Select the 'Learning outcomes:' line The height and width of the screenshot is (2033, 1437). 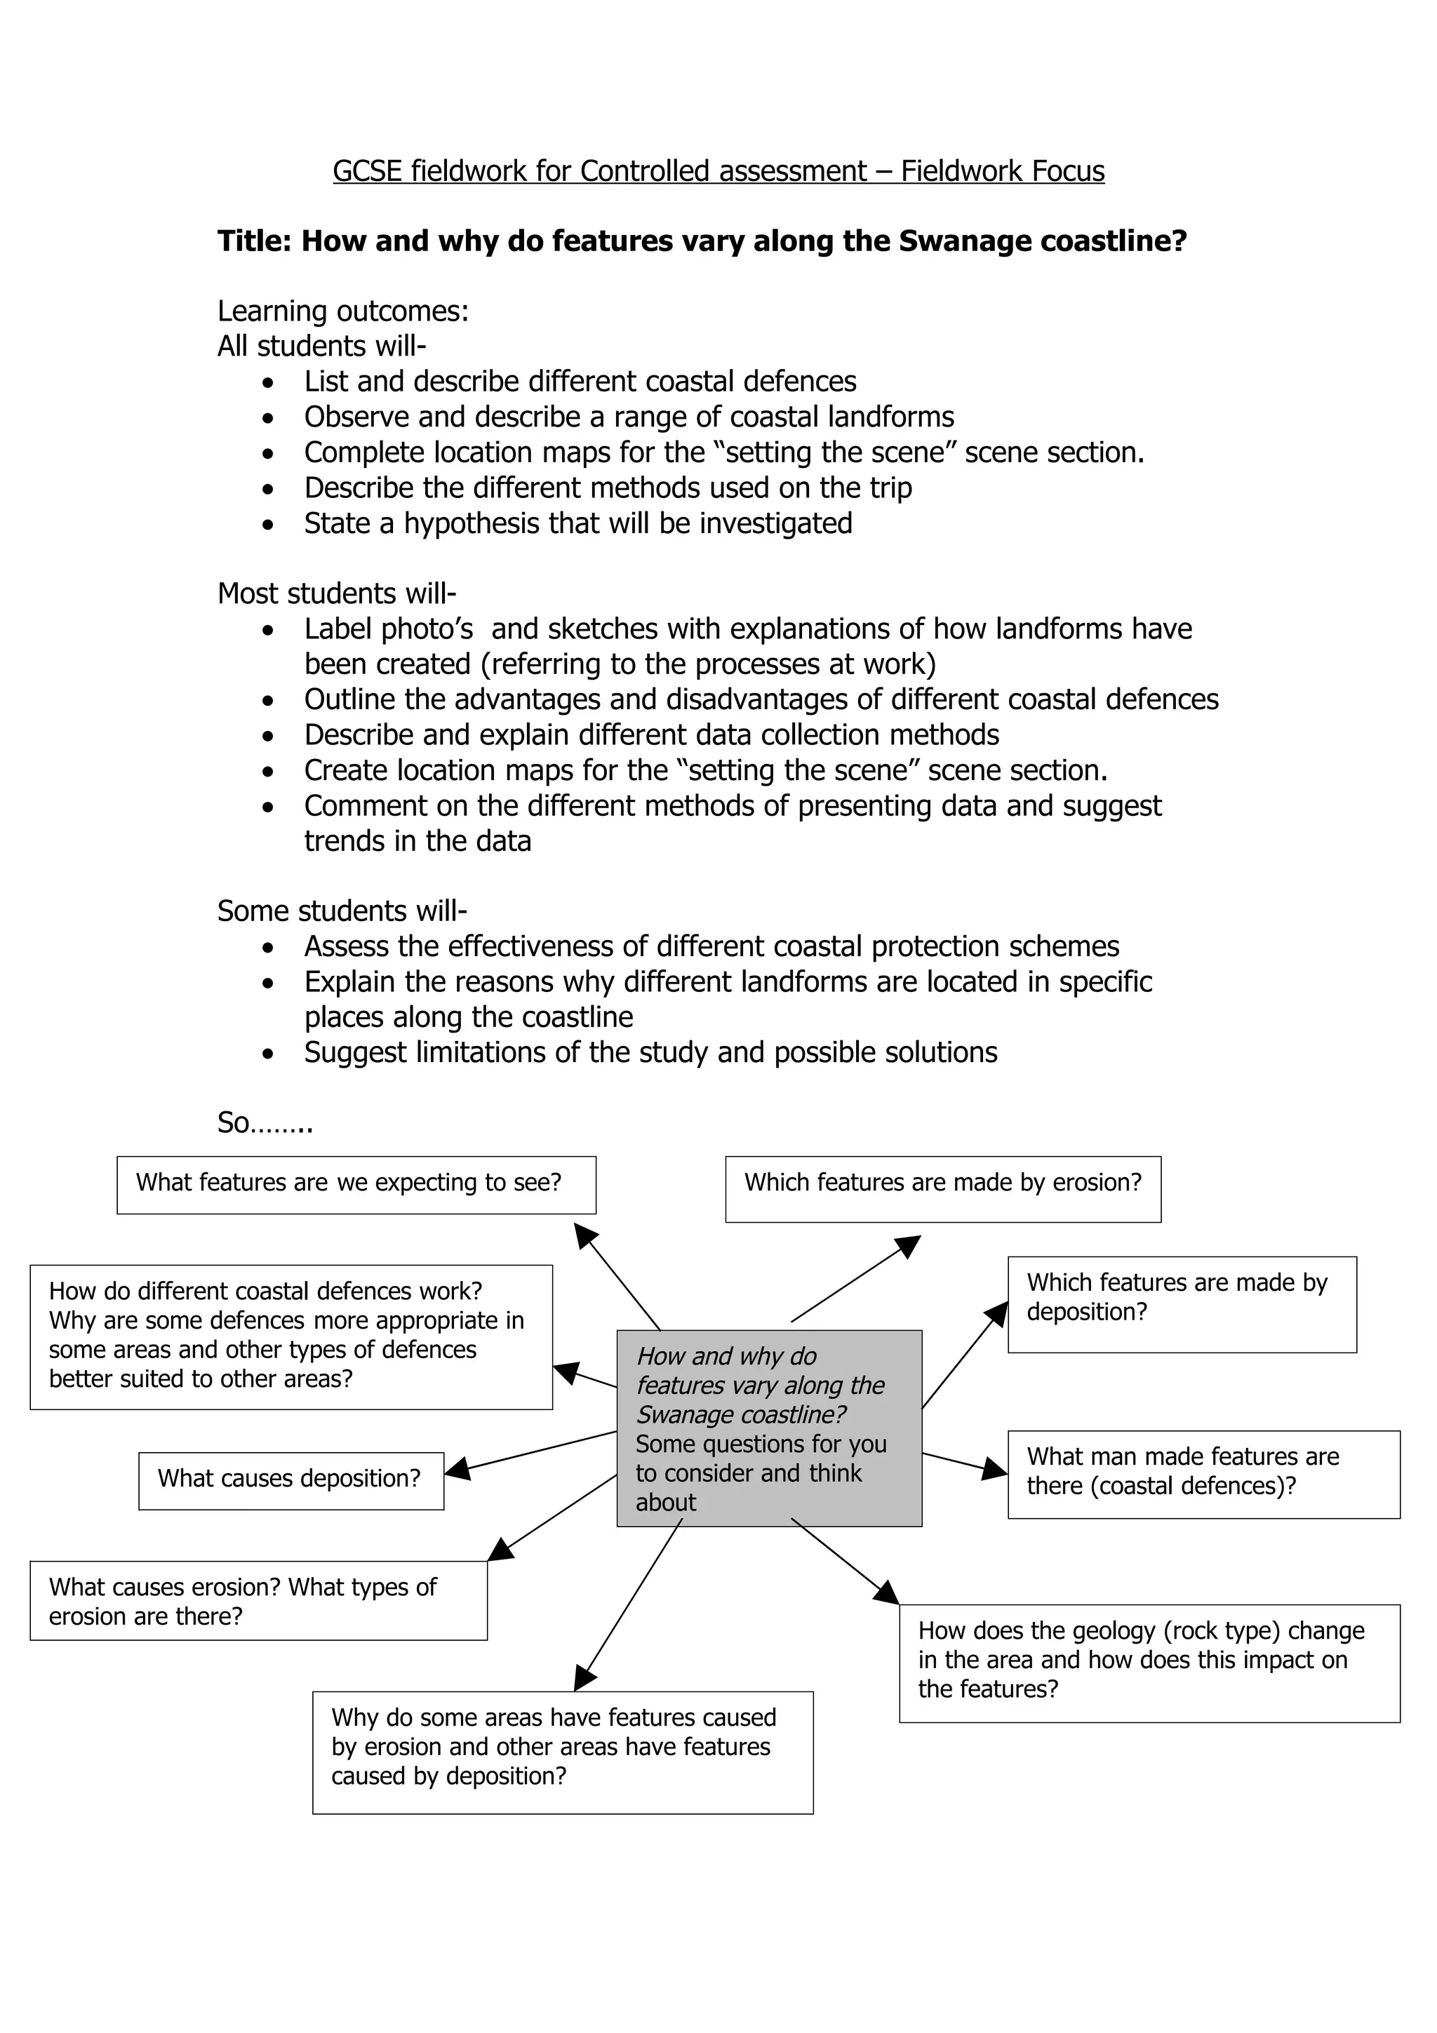[342, 311]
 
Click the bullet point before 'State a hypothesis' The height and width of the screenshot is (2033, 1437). [268, 524]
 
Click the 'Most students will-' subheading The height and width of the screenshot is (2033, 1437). [337, 593]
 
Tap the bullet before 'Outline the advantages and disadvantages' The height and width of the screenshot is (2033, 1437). [268, 700]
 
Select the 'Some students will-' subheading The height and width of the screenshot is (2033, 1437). [342, 911]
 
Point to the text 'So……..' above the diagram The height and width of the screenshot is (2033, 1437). [265, 1122]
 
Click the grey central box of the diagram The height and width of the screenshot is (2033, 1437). [768, 1428]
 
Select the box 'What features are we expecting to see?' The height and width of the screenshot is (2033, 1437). [356, 1184]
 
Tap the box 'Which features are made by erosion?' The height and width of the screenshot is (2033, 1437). [942, 1188]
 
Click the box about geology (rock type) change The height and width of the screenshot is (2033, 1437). [1149, 1662]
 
